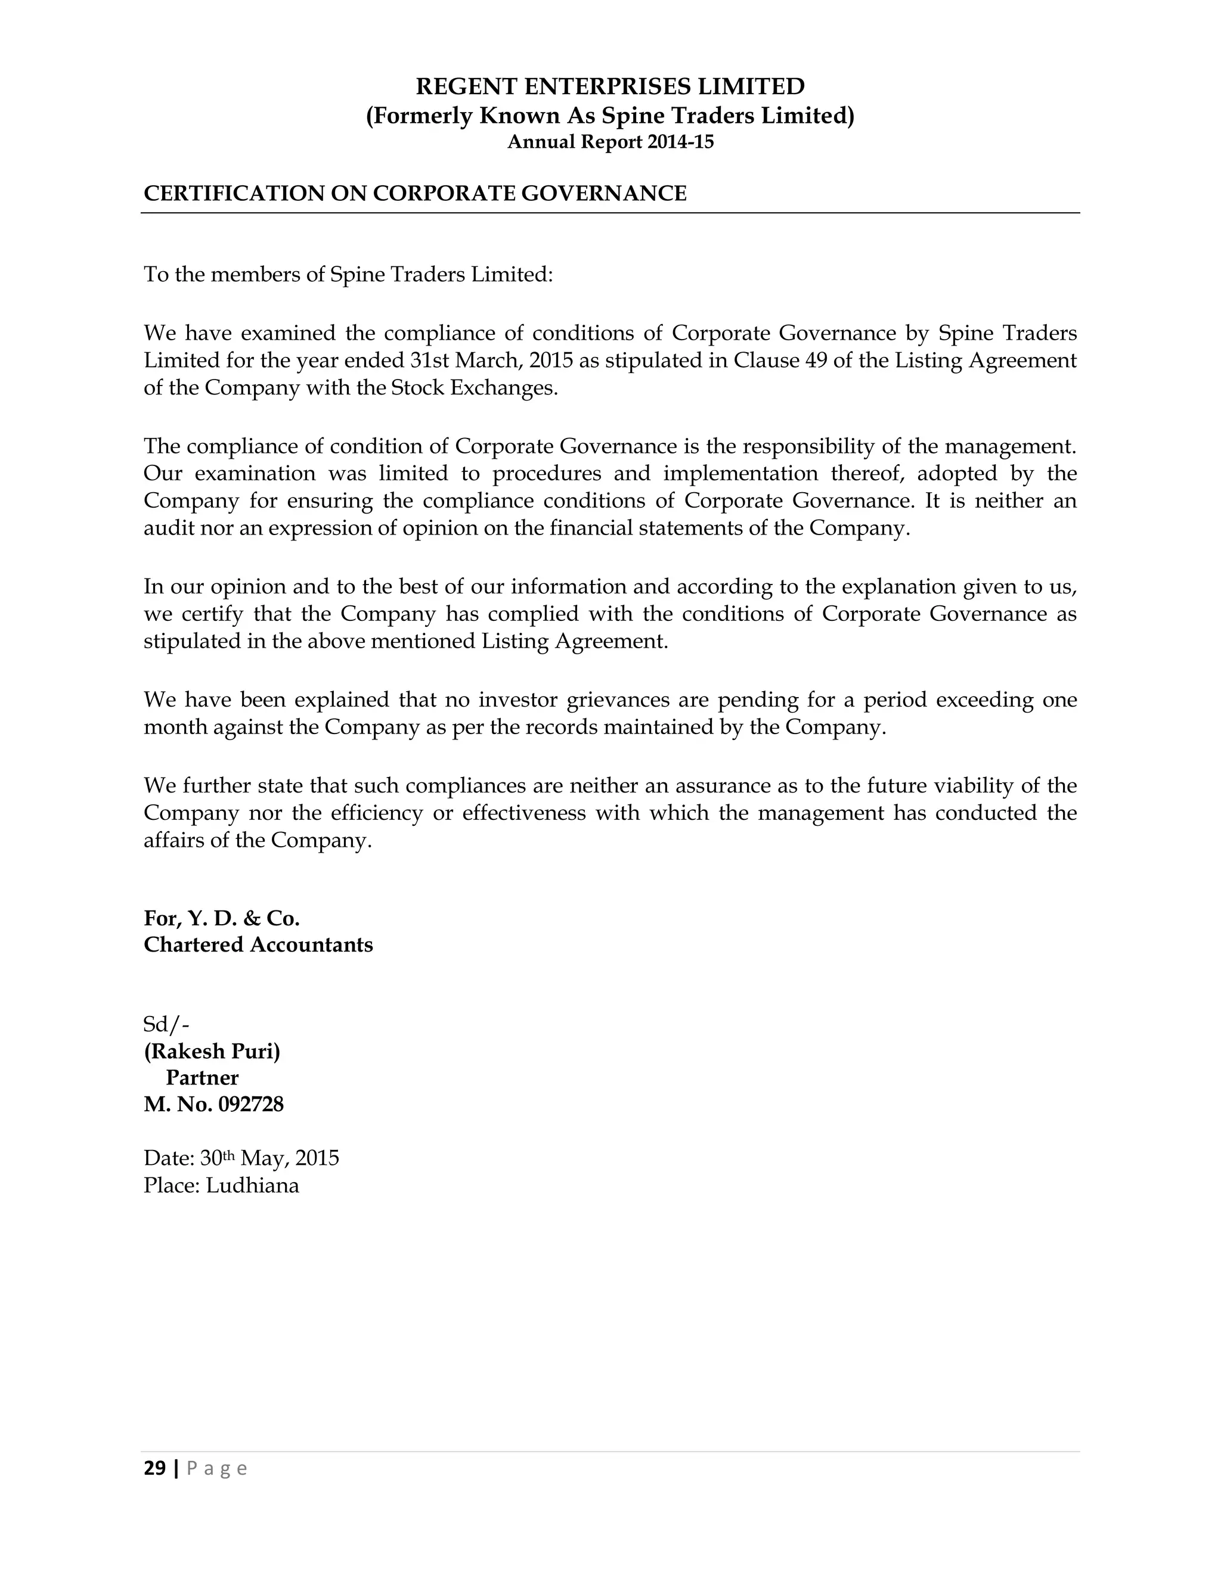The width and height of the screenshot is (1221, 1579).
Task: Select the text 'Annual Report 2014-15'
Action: point(610,142)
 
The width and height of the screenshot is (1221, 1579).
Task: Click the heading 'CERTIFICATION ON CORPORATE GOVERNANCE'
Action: point(414,193)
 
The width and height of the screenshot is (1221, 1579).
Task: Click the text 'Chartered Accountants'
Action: point(258,945)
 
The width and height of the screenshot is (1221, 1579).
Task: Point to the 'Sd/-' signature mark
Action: point(166,1024)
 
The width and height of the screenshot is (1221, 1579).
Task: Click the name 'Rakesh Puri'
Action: point(212,1051)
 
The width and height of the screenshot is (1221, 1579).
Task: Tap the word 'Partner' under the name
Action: point(202,1078)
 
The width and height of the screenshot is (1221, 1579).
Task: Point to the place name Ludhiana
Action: point(252,1186)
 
